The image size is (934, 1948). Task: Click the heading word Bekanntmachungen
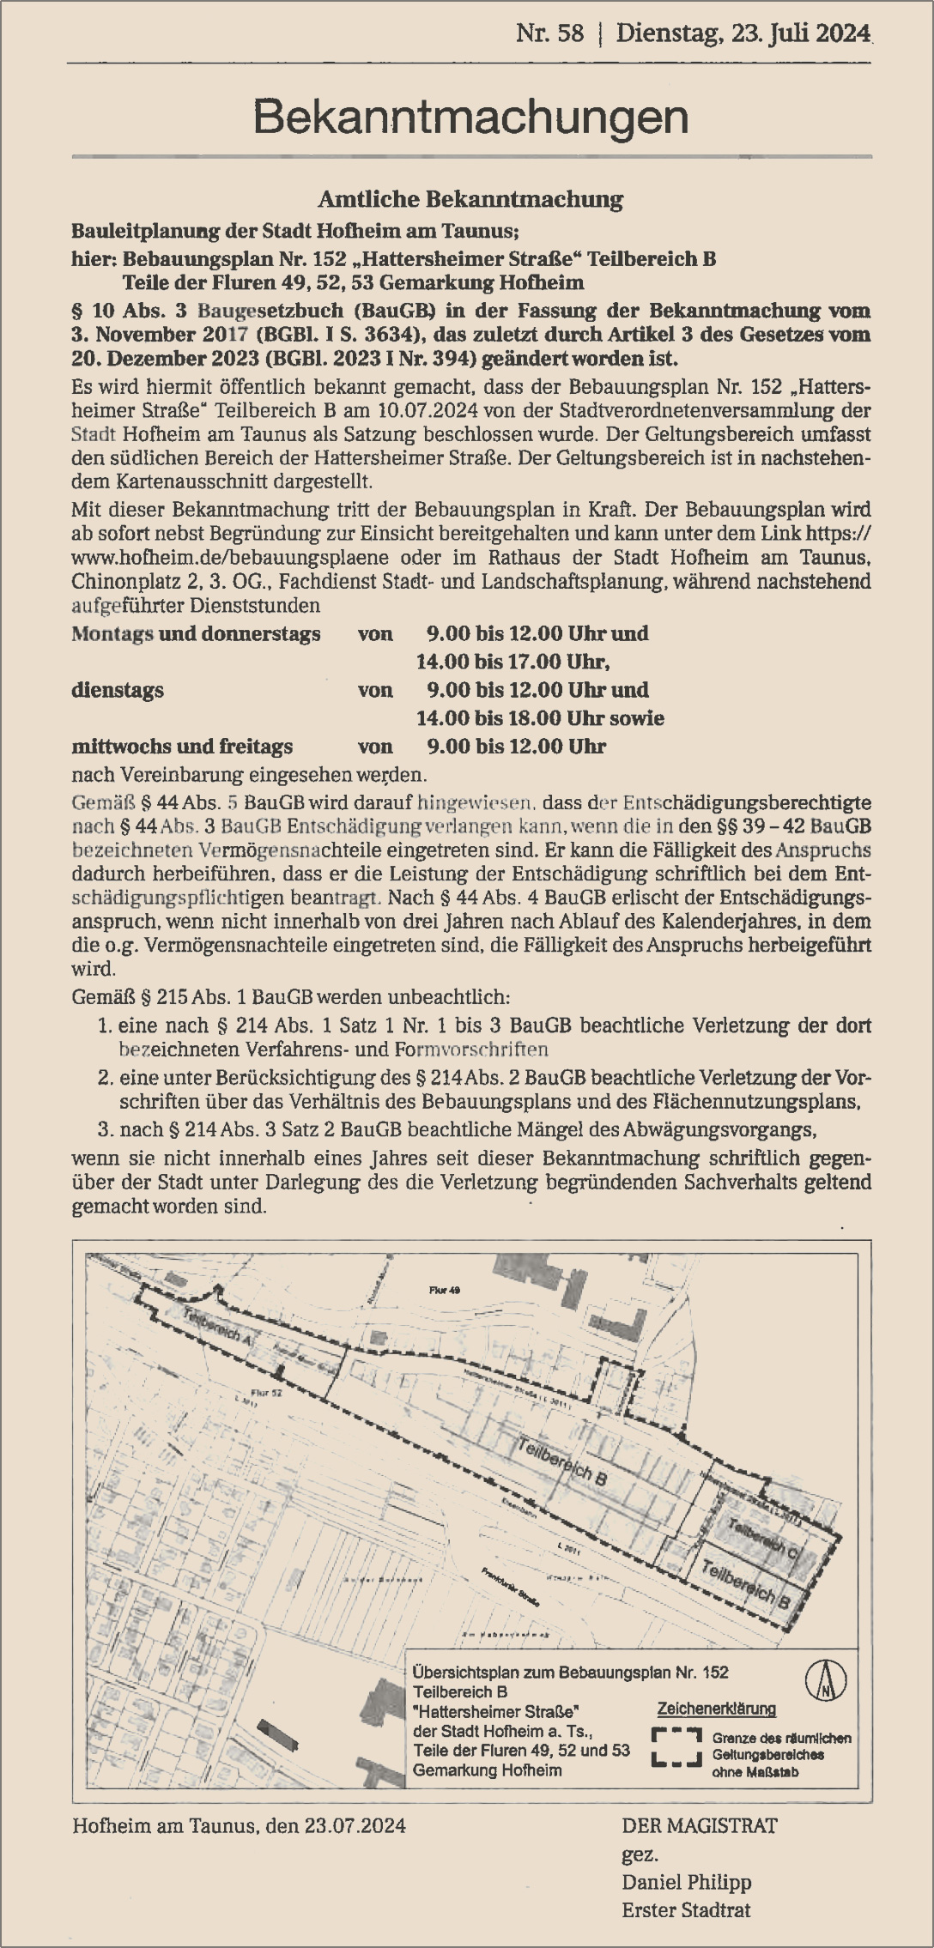coord(470,118)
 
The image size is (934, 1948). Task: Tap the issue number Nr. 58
coord(549,34)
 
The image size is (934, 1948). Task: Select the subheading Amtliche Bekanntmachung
coord(470,200)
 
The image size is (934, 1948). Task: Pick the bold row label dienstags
coord(118,690)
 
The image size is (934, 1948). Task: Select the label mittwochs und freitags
coord(182,747)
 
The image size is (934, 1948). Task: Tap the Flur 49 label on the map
coord(445,1290)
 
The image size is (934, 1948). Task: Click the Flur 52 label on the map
coord(265,1393)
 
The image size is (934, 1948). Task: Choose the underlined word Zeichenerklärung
coord(716,1708)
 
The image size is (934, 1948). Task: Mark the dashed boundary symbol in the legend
coord(676,1748)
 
